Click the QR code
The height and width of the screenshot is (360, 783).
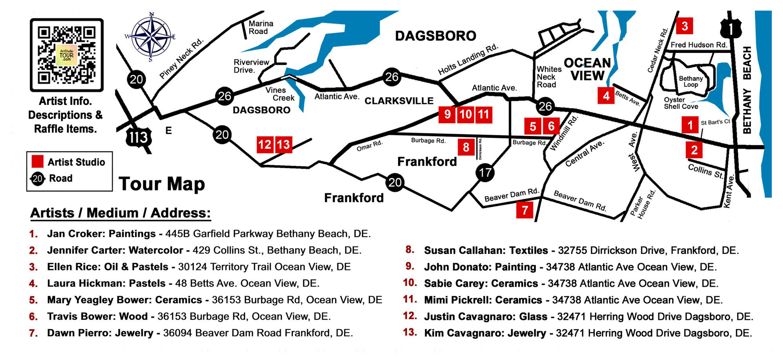(x=67, y=55)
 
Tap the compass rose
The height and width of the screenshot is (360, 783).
(x=151, y=37)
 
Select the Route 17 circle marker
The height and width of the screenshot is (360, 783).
(x=485, y=172)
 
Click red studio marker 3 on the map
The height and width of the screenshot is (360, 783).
(x=684, y=26)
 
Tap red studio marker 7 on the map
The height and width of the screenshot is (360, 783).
(x=525, y=210)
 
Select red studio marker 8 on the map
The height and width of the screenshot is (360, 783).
(x=466, y=147)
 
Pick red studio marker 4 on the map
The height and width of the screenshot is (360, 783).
(x=606, y=95)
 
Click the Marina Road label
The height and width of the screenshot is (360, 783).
(x=261, y=27)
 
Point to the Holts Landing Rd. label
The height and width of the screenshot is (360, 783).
(x=468, y=59)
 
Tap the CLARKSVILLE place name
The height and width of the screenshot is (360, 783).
(x=399, y=101)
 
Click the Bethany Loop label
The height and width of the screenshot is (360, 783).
(x=691, y=81)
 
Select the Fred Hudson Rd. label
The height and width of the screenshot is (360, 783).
(x=698, y=45)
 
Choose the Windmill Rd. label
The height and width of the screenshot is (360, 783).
(x=563, y=133)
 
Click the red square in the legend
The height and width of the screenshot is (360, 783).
(x=38, y=162)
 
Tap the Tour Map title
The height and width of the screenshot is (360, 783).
(x=162, y=184)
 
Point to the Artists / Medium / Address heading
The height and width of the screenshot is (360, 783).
(x=121, y=213)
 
